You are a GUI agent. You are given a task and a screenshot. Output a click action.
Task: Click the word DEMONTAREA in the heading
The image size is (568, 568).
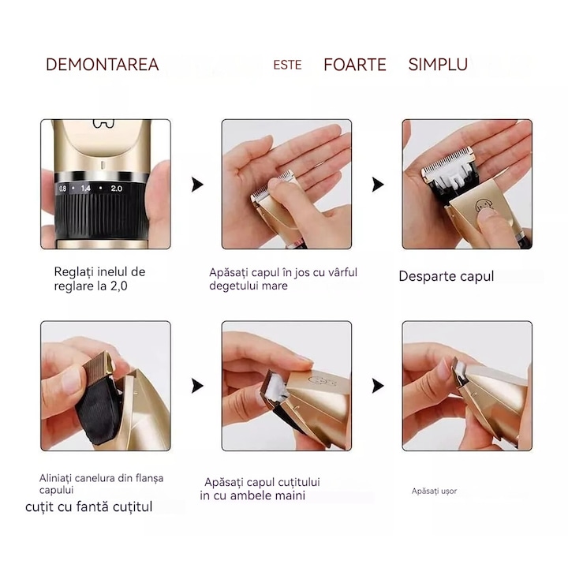(x=102, y=65)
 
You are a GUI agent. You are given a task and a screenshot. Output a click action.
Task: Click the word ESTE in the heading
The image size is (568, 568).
(x=287, y=65)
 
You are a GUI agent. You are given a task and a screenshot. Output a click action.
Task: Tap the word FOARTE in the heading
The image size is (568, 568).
(x=355, y=65)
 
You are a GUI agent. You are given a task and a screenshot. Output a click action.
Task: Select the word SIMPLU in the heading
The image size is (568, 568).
(x=438, y=65)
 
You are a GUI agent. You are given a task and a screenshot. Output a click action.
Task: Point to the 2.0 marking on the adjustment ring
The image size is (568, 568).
(x=116, y=189)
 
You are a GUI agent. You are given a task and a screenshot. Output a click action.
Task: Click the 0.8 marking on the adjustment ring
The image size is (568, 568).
(x=62, y=189)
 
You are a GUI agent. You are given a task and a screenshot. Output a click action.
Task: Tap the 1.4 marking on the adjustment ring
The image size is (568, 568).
(x=86, y=189)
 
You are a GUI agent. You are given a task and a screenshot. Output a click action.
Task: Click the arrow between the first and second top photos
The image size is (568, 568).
(x=197, y=185)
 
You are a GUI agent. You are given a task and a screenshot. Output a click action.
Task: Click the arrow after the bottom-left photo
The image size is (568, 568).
(x=197, y=386)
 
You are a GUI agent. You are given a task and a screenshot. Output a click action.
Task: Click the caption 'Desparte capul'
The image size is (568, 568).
(x=446, y=276)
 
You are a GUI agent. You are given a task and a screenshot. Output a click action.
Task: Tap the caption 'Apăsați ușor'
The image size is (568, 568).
(x=434, y=491)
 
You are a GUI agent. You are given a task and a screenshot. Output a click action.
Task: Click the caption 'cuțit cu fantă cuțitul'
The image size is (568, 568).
(x=88, y=506)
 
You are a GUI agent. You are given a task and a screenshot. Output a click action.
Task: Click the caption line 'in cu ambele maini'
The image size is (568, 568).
(x=252, y=496)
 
